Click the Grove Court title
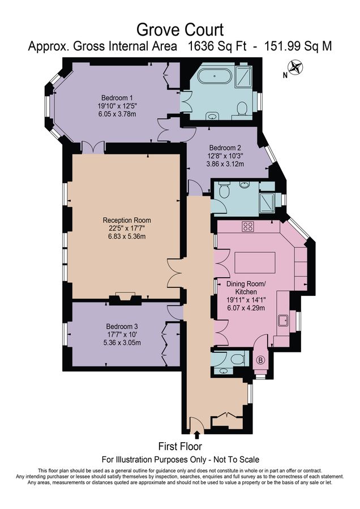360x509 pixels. coord(180,30)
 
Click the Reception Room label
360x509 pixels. coord(127,220)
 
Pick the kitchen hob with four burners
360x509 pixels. coord(247,226)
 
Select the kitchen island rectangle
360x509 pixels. coord(255,263)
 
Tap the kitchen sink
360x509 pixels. coord(284,321)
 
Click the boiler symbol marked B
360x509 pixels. coord(260,360)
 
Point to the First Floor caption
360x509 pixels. coord(180,446)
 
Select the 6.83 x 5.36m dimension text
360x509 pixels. coord(127,236)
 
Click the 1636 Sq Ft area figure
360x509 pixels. coord(218,46)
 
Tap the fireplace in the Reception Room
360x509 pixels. coord(125,298)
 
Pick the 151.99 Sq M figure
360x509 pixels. coord(298,46)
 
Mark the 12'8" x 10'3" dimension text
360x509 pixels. coord(225,156)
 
